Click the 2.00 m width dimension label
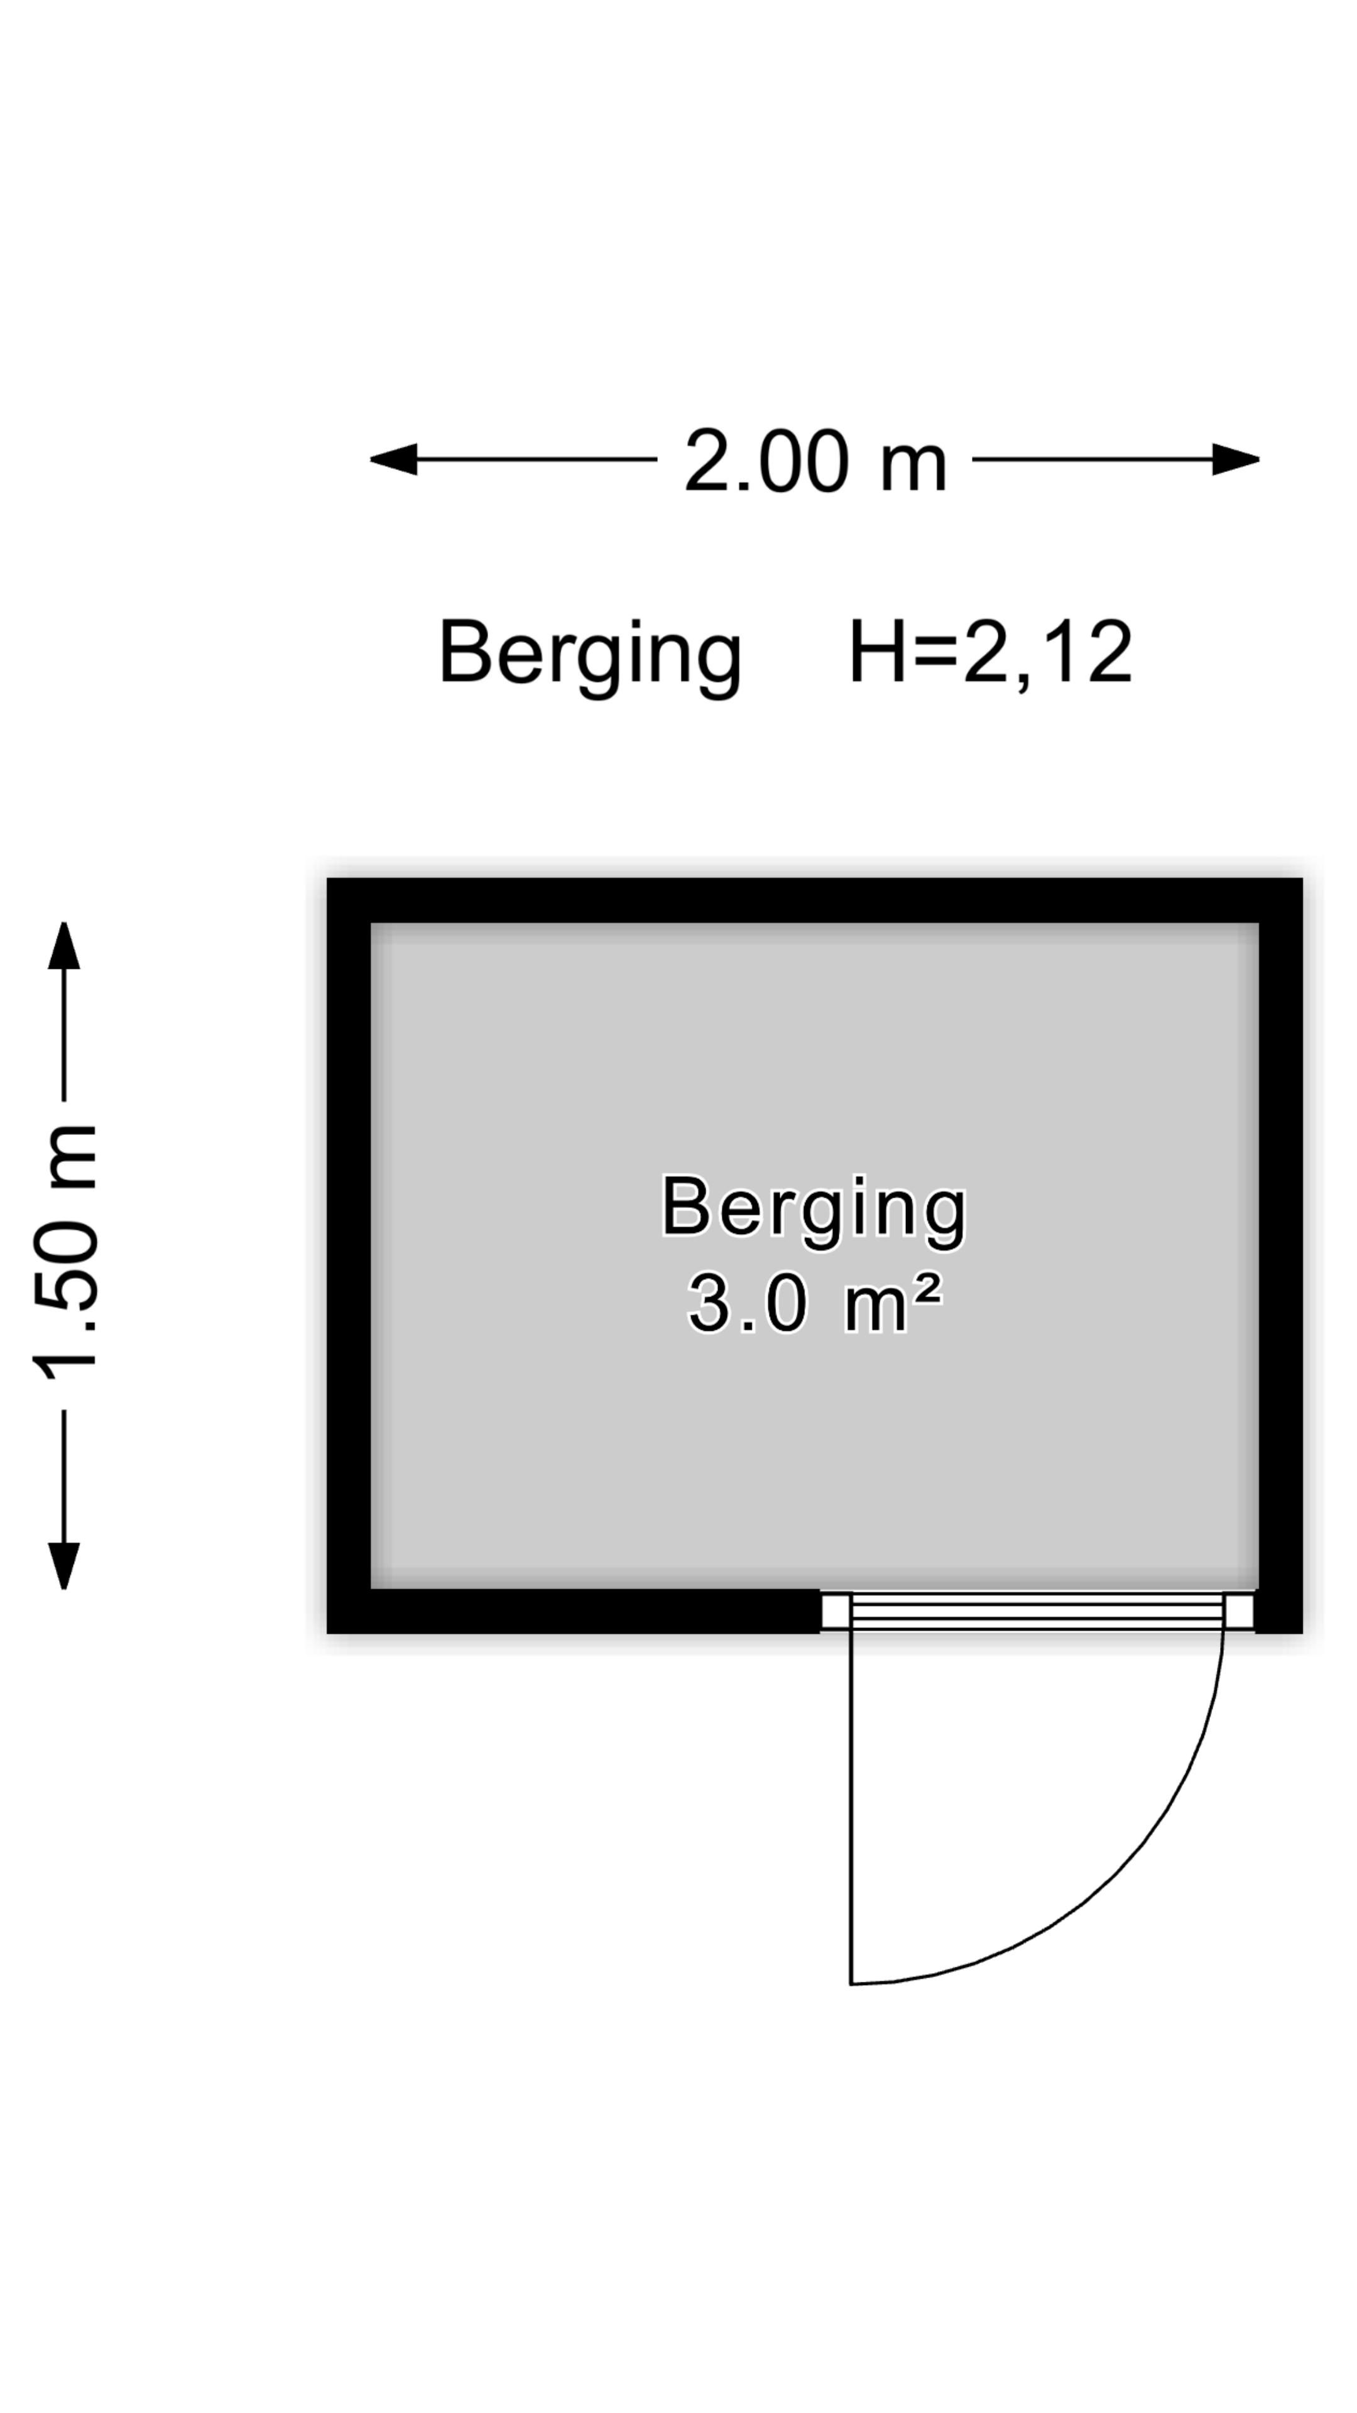point(815,461)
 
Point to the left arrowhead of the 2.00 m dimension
point(393,459)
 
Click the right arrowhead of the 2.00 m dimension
point(1236,459)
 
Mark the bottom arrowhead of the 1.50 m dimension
point(63,1566)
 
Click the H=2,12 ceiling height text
point(991,653)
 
